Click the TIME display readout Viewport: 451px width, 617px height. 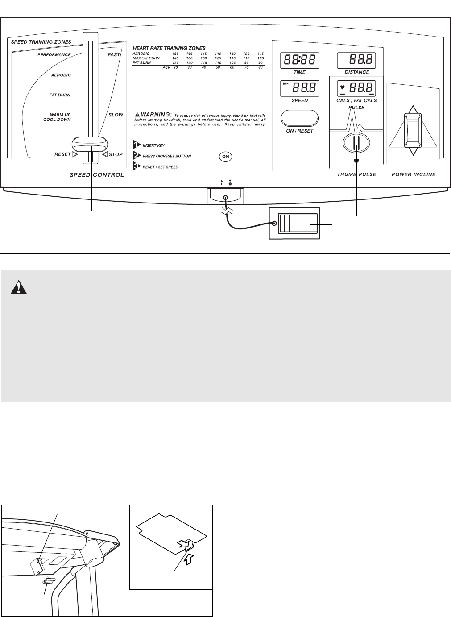(x=299, y=61)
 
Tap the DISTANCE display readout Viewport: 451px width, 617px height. (x=356, y=61)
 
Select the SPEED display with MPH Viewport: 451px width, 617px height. (x=299, y=88)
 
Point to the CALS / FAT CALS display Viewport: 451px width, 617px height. (x=356, y=88)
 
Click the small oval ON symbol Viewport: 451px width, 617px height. (x=226, y=157)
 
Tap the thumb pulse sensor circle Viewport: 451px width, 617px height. (x=356, y=144)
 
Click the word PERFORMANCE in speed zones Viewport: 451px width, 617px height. (x=54, y=55)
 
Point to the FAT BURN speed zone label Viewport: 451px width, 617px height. (x=60, y=95)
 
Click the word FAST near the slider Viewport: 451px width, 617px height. (x=114, y=54)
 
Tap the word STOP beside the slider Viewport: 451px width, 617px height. (x=116, y=155)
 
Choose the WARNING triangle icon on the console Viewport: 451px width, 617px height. (x=137, y=114)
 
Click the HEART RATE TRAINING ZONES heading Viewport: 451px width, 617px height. (x=169, y=48)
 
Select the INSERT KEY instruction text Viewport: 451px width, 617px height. (x=153, y=145)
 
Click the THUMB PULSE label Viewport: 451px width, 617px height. (x=356, y=174)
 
